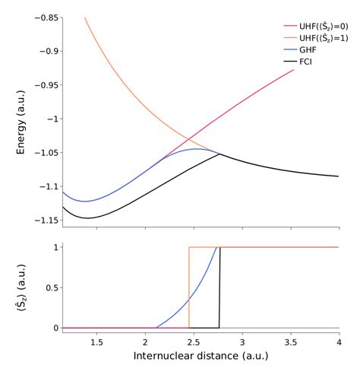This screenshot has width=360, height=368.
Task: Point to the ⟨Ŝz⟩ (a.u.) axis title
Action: click(21, 287)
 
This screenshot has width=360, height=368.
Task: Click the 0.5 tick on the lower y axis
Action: click(51, 287)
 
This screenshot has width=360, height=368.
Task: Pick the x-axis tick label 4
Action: click(338, 341)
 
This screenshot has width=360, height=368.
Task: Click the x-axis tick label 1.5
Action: click(96, 341)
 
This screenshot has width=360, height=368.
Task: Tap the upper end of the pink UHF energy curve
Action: click(293, 70)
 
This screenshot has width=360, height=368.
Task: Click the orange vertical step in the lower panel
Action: click(189, 287)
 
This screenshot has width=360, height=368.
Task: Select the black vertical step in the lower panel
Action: click(219, 287)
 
